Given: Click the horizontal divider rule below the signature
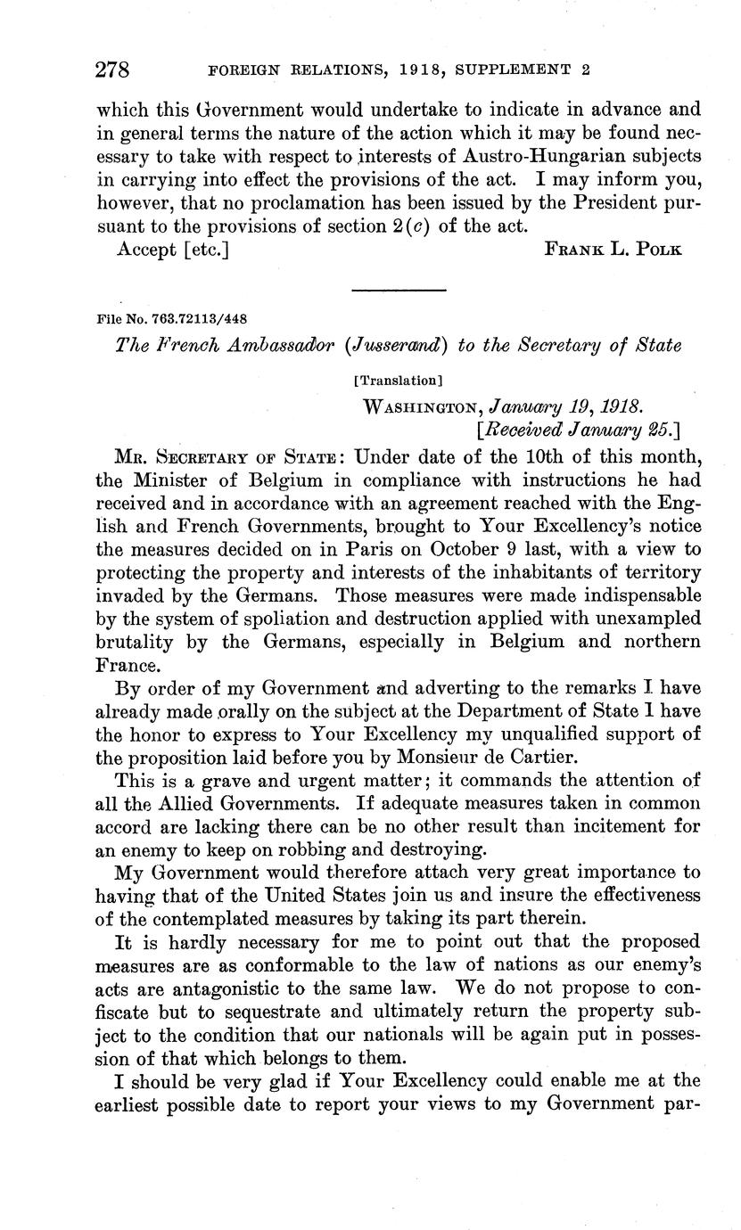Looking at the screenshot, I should [399, 290].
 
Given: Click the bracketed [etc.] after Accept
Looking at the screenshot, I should [206, 250].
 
